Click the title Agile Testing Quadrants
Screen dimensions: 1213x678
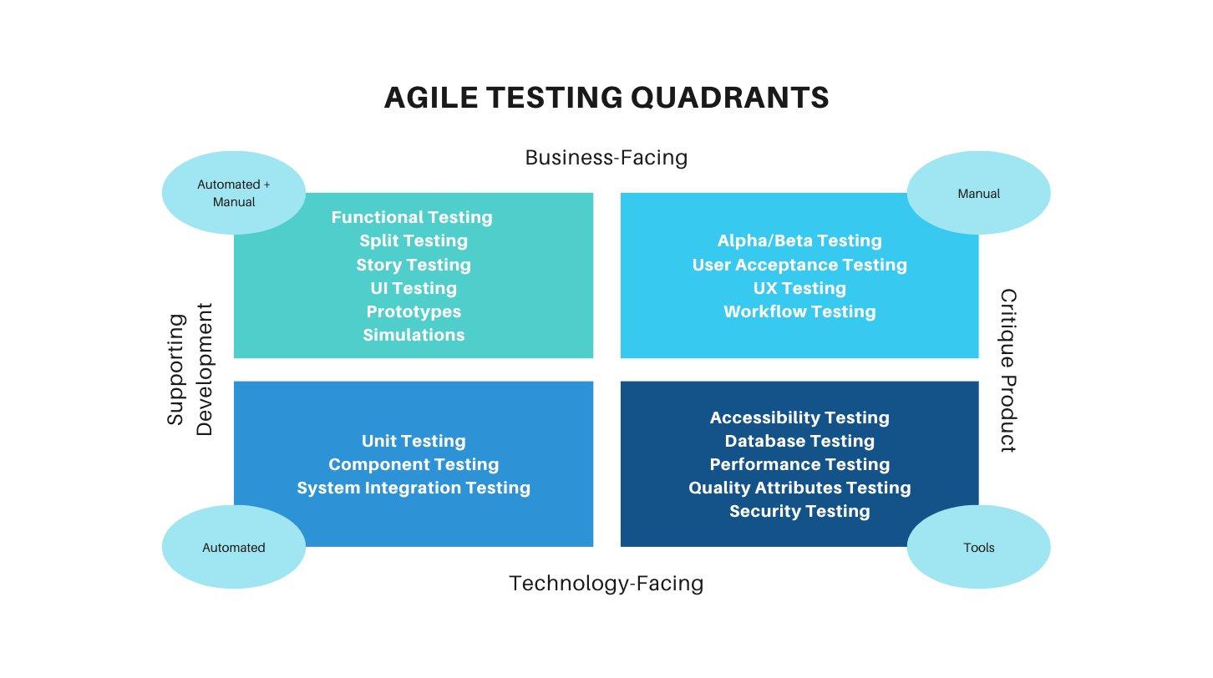point(606,98)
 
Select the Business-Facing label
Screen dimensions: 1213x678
point(606,158)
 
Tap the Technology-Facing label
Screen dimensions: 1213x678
point(606,584)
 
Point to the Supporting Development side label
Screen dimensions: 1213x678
point(190,370)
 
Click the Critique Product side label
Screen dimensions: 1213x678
point(1007,371)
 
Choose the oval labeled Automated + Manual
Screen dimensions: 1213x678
point(234,193)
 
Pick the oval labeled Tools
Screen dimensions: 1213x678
point(978,547)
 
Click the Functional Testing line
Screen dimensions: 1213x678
point(412,218)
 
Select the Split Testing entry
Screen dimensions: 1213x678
point(414,240)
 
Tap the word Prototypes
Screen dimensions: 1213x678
point(414,311)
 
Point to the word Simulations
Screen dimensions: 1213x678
point(414,335)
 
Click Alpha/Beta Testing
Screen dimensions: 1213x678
point(799,240)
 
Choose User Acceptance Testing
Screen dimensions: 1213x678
point(799,265)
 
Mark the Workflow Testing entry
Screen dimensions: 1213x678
point(799,311)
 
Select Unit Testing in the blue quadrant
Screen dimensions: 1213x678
point(414,441)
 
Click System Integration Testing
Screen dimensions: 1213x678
point(414,488)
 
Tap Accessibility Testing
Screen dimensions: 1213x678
point(799,417)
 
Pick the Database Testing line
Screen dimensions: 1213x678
point(799,441)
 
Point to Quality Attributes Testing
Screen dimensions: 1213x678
point(799,488)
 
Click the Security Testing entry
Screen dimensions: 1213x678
point(799,511)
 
